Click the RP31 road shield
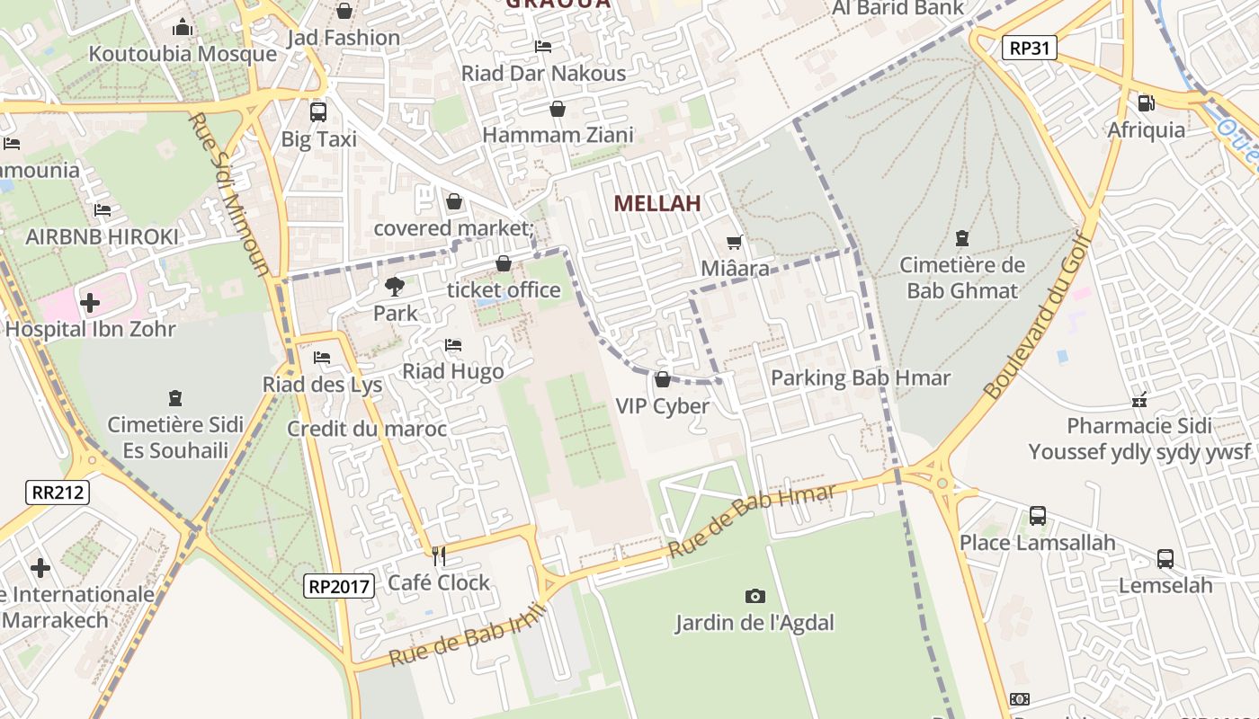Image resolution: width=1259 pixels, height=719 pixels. [x=1029, y=49]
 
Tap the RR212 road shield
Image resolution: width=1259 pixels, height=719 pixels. [x=58, y=492]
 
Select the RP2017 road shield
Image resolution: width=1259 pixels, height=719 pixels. [x=338, y=587]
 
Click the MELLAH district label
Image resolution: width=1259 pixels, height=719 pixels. [x=656, y=204]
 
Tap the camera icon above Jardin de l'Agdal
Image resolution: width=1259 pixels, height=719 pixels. [x=755, y=596]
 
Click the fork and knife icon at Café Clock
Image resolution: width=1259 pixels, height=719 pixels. [x=439, y=556]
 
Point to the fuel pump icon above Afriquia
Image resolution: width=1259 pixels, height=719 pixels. [x=1146, y=103]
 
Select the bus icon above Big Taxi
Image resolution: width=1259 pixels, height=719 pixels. [x=318, y=112]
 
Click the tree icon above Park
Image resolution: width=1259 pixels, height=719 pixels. [x=394, y=287]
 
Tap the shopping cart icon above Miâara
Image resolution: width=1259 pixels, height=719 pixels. [x=735, y=242]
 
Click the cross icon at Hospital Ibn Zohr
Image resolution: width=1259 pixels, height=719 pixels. [x=90, y=303]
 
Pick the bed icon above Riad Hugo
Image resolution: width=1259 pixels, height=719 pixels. [x=453, y=345]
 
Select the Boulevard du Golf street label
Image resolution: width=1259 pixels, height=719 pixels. [x=1037, y=315]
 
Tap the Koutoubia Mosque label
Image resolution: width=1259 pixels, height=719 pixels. [x=183, y=54]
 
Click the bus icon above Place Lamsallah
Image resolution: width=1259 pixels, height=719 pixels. [x=1038, y=516]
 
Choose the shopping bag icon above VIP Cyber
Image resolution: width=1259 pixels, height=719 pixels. [x=663, y=380]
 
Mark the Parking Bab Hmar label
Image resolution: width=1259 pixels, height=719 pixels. [x=860, y=377]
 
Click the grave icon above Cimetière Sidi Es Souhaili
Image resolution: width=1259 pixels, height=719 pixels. [x=175, y=397]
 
